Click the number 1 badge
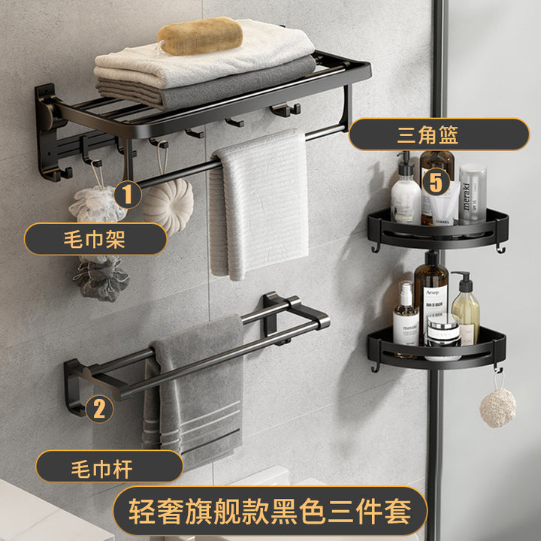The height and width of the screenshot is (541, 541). (x=128, y=195)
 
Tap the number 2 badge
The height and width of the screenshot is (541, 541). (x=99, y=409)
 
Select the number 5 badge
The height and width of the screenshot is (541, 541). (x=436, y=182)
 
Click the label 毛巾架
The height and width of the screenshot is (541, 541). (x=95, y=239)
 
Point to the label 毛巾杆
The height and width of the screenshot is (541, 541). (x=110, y=467)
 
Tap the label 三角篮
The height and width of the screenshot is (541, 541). (x=439, y=134)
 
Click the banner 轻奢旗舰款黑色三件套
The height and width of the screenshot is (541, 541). (x=270, y=512)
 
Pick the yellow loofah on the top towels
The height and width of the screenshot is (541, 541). (x=200, y=36)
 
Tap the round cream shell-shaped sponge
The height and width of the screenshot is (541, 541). (x=168, y=206)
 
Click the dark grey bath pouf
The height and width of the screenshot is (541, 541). (x=101, y=278)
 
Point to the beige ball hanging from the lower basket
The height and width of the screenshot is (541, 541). (x=497, y=408)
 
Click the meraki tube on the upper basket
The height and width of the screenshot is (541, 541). (x=472, y=194)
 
